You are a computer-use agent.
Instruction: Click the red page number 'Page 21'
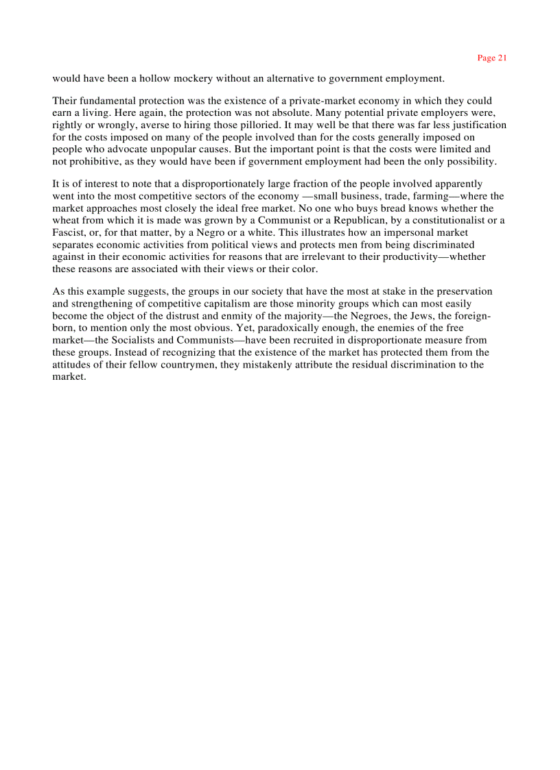click(x=491, y=58)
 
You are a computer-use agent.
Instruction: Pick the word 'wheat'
click(x=65, y=220)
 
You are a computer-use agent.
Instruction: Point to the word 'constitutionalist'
click(x=446, y=220)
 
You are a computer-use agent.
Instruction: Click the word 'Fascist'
click(x=68, y=232)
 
